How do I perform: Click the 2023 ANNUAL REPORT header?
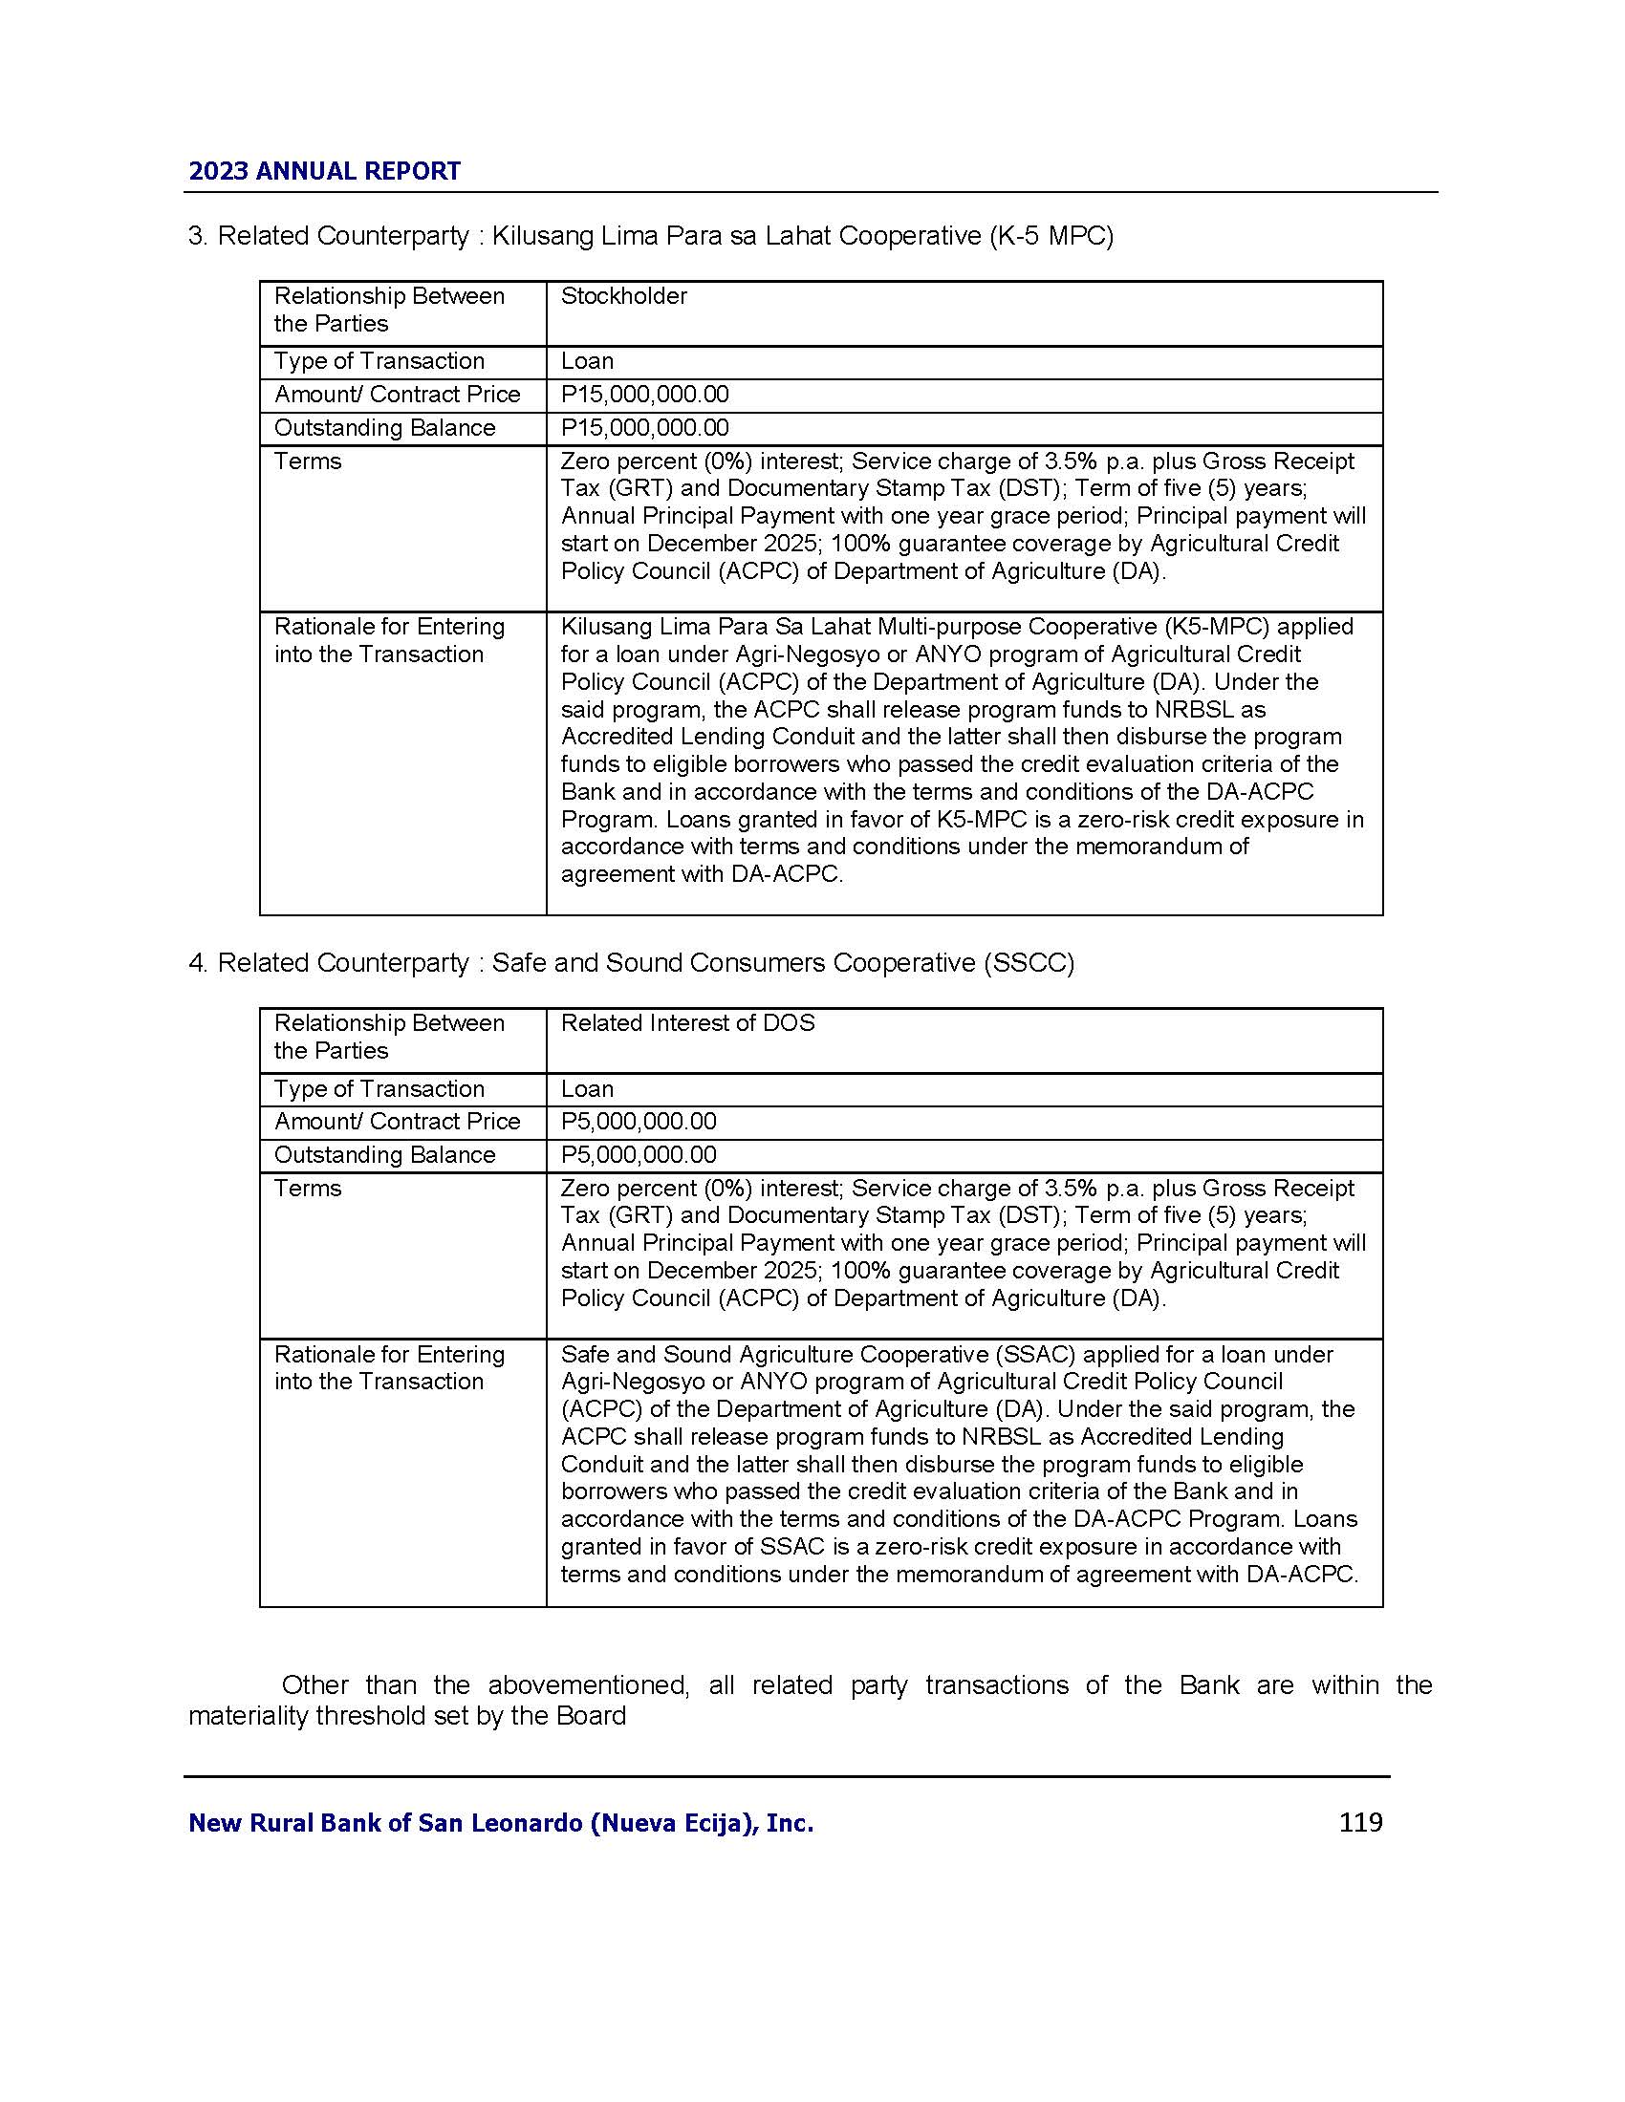[x=324, y=171]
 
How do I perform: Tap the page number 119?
[x=1360, y=1822]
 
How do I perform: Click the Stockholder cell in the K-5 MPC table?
[x=624, y=296]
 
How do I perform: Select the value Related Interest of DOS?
[x=687, y=1023]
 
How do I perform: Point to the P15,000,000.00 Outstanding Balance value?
[x=645, y=427]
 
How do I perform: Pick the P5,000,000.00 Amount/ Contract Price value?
[x=639, y=1122]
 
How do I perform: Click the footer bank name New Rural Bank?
[x=501, y=1823]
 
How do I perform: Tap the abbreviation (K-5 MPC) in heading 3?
[x=1051, y=236]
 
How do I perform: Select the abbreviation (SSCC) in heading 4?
[x=1029, y=962]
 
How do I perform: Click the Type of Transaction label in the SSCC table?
[x=379, y=1088]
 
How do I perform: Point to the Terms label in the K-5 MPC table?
[x=308, y=461]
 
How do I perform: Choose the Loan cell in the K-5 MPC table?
[x=587, y=361]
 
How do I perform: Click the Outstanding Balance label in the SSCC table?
[x=384, y=1154]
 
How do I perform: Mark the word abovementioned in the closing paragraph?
[x=588, y=1684]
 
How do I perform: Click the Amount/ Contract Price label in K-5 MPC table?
[x=397, y=395]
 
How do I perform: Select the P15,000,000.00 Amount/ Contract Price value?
[x=645, y=395]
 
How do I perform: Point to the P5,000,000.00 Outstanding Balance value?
[x=639, y=1154]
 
